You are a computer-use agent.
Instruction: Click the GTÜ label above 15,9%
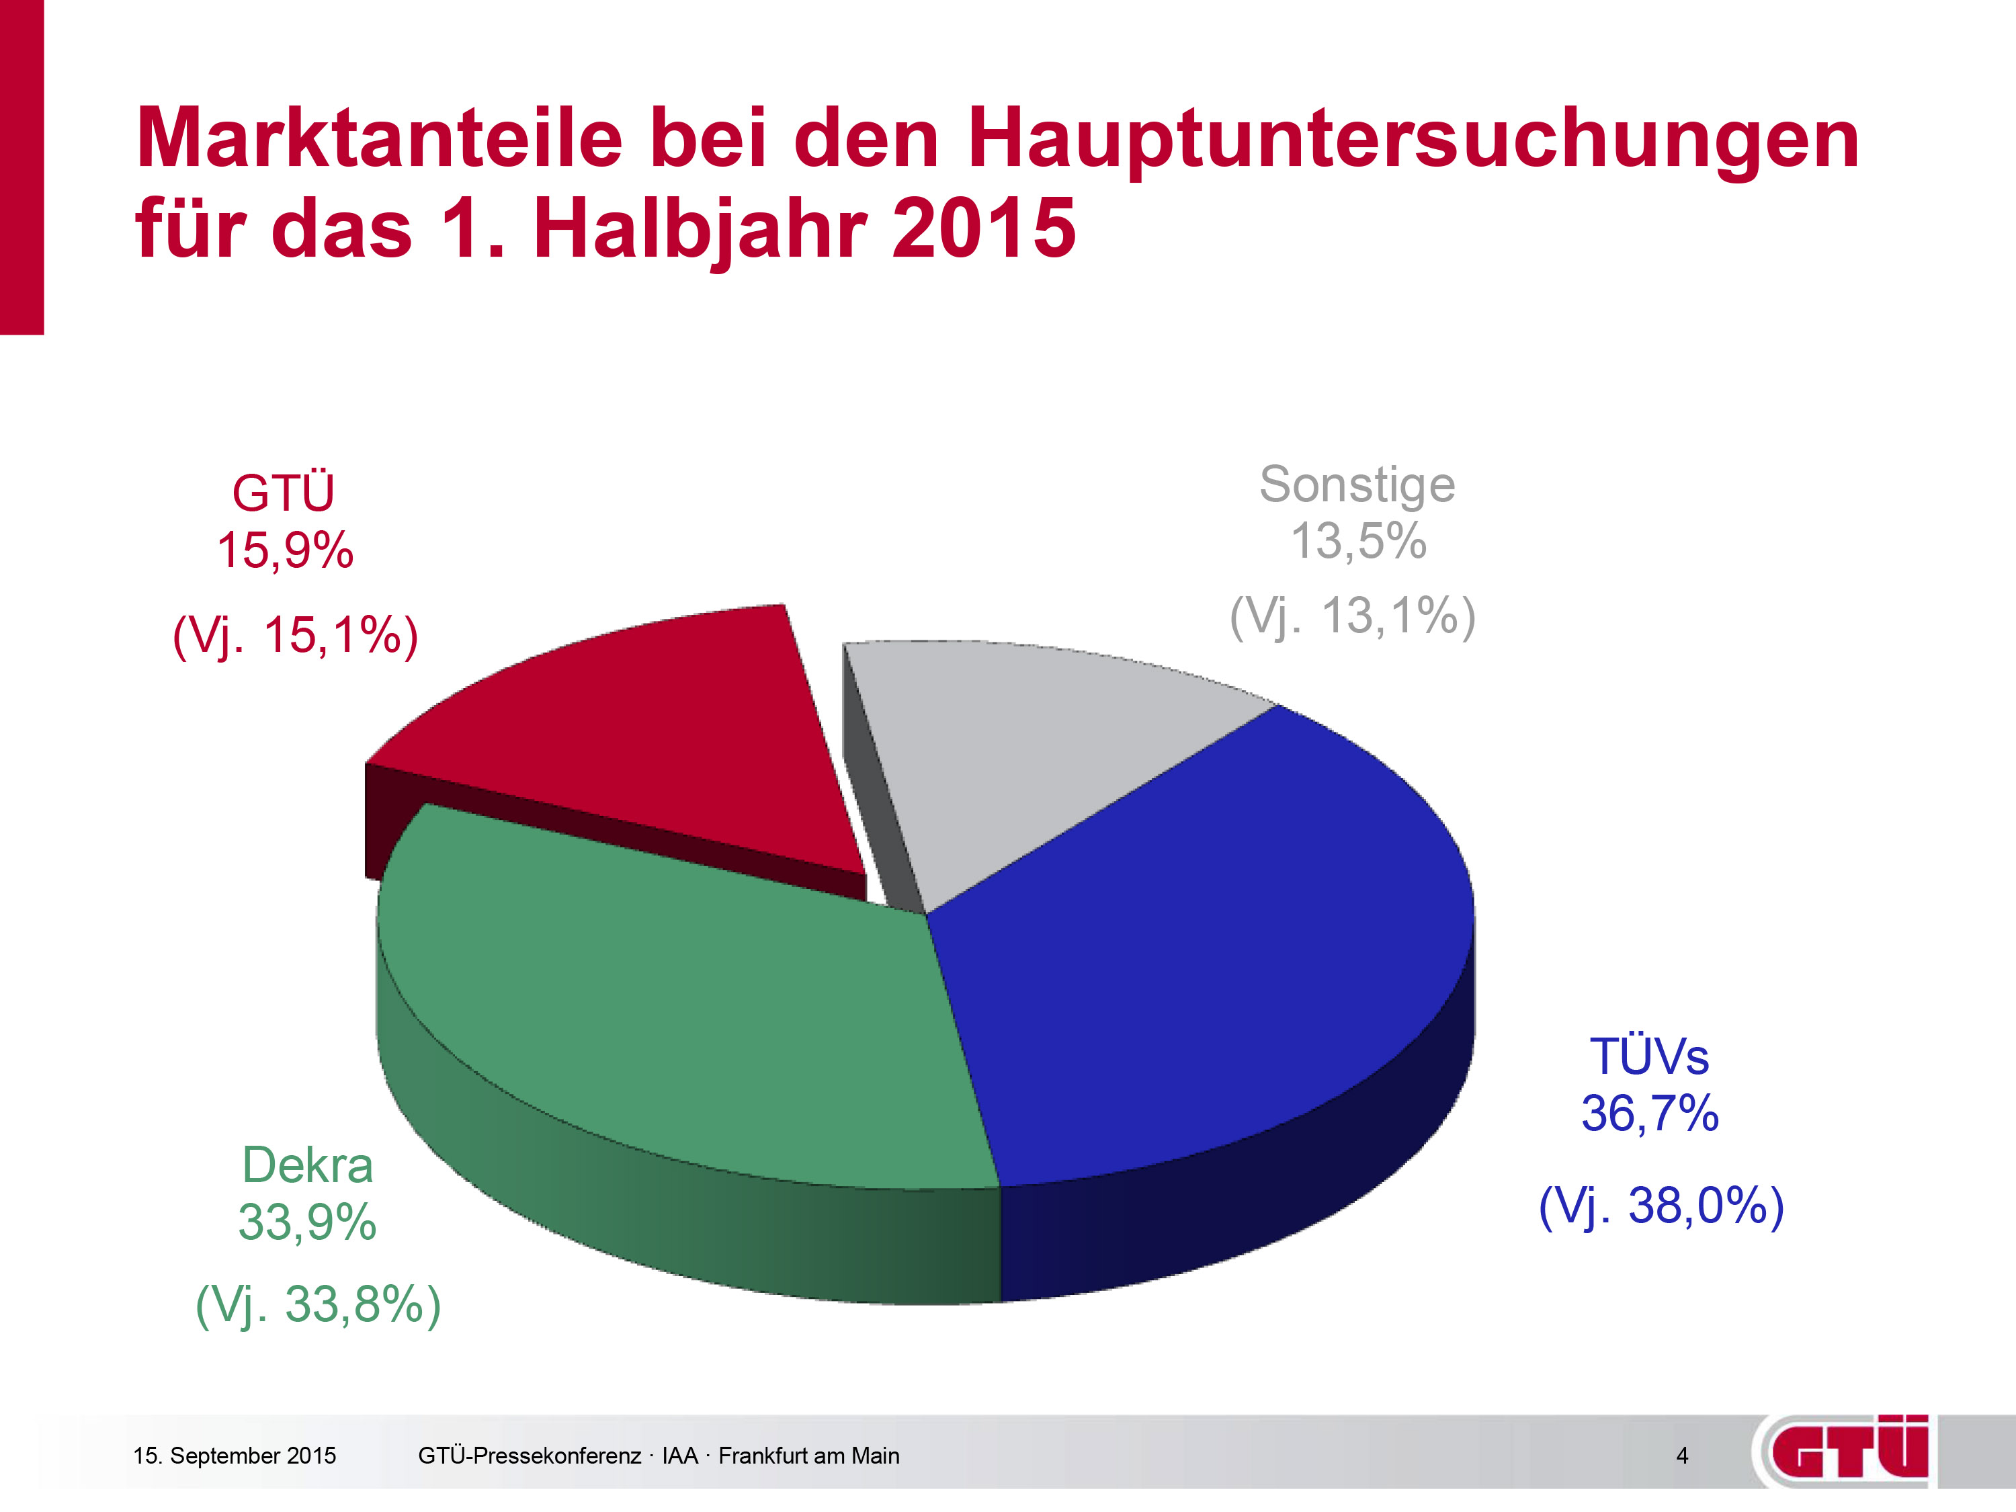point(284,493)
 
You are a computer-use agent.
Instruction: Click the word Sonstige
point(1357,485)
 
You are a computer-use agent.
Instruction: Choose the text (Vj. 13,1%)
point(1353,616)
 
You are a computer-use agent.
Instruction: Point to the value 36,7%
point(1650,1114)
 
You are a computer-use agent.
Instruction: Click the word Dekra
point(308,1166)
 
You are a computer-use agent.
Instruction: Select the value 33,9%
point(307,1222)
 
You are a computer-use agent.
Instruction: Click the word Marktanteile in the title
point(379,138)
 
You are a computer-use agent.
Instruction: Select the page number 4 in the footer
point(1683,1456)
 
